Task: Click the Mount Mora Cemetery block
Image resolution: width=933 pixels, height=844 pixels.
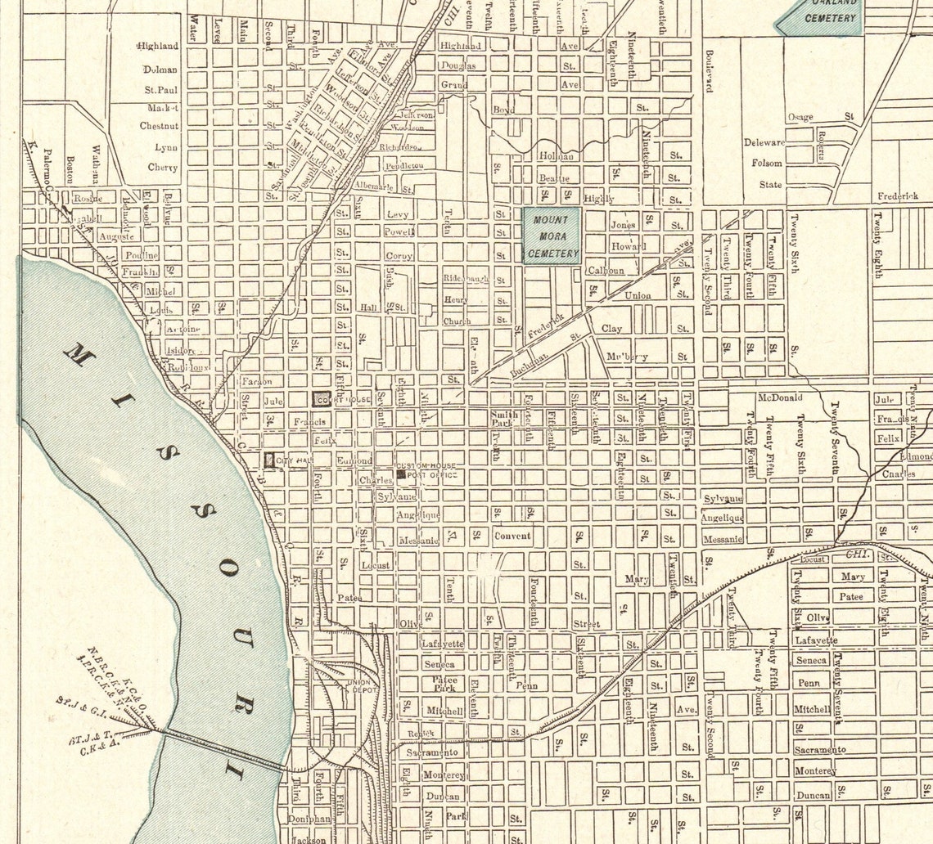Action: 552,236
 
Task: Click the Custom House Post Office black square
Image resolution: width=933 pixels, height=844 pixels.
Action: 400,474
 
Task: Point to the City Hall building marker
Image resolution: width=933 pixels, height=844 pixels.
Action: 270,460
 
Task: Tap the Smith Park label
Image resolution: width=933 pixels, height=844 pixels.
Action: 503,419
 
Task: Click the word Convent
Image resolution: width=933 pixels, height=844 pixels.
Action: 512,536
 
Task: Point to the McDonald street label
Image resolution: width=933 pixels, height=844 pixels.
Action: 779,397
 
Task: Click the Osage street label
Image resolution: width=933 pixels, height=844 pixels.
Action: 800,117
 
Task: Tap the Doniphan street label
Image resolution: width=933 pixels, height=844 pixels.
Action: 309,818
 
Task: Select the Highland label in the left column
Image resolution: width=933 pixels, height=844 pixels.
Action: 158,46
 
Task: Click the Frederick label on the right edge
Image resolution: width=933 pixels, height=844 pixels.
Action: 897,196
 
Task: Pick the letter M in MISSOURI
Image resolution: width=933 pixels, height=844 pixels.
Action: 79,355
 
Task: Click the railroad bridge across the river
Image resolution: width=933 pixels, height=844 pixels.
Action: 221,749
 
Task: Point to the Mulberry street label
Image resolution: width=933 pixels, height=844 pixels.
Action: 627,357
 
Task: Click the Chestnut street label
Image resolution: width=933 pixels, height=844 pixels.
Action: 159,126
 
